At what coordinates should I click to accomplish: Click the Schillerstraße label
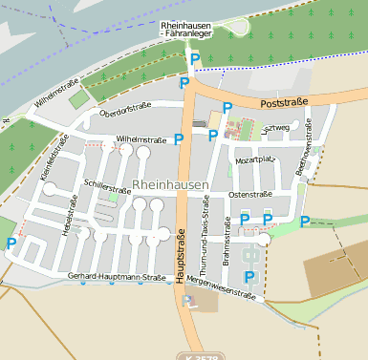click(107, 184)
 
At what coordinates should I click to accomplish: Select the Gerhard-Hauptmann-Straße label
click(111, 277)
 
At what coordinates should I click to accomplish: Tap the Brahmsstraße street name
click(227, 241)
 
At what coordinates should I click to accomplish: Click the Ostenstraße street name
click(250, 194)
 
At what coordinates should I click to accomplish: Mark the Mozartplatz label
click(255, 160)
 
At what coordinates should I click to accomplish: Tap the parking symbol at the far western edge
click(11, 244)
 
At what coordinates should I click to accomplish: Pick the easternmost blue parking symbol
click(305, 222)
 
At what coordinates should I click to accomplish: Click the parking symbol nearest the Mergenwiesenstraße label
click(249, 277)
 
